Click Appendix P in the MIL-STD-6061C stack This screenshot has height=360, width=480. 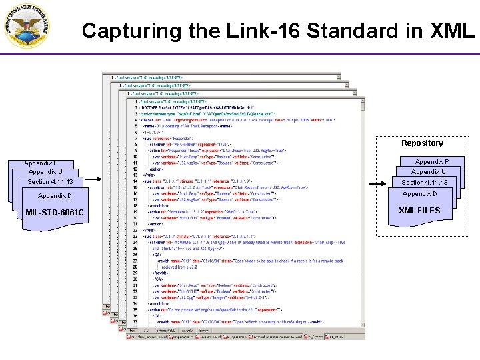(x=41, y=163)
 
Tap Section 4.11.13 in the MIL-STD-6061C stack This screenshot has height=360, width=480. (x=50, y=182)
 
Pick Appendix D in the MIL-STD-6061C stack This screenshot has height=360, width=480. (x=55, y=196)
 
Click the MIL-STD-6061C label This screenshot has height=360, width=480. (x=55, y=213)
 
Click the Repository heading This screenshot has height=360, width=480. (x=422, y=143)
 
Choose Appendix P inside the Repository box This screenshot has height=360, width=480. (x=432, y=162)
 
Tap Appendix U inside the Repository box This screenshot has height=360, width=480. (x=429, y=172)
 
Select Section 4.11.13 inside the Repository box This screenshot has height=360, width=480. (x=424, y=183)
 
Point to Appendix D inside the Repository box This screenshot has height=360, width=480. (x=420, y=194)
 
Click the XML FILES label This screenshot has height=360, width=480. (x=419, y=211)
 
